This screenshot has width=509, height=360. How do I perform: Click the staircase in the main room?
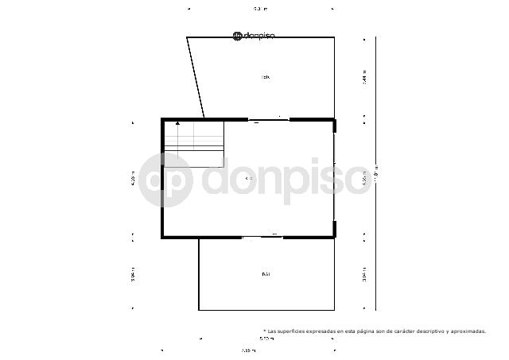pyautogui.click(x=194, y=143)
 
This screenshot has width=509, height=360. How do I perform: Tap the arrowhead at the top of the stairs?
pyautogui.click(x=177, y=124)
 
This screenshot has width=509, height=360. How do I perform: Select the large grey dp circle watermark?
pyautogui.click(x=165, y=180)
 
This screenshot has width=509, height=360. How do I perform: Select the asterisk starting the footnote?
pyautogui.click(x=264, y=331)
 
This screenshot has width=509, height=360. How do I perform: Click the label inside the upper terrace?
pyautogui.click(x=266, y=77)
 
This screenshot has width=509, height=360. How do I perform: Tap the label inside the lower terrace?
pyautogui.click(x=266, y=274)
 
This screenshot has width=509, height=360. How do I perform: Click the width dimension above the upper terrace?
pyautogui.click(x=260, y=9)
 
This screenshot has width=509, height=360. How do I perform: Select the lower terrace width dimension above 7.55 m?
pyautogui.click(x=266, y=339)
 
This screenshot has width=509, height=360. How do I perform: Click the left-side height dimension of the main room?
pyautogui.click(x=134, y=179)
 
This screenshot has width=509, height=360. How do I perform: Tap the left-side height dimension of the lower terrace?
pyautogui.click(x=134, y=274)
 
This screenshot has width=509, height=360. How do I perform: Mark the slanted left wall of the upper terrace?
pyautogui.click(x=196, y=77)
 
